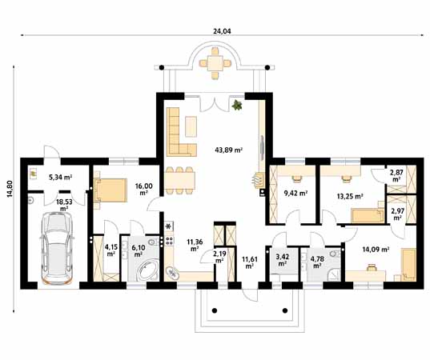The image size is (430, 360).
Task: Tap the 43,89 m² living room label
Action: pyautogui.click(x=228, y=150)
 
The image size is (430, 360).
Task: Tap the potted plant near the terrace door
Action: pyautogui.click(x=237, y=105)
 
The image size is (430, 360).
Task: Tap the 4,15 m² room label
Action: pyautogui.click(x=111, y=250)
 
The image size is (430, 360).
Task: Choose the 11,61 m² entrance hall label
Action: pyautogui.click(x=249, y=261)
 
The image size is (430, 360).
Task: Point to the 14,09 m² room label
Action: pyautogui.click(x=375, y=249)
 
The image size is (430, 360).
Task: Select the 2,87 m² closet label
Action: pyautogui.click(x=396, y=176)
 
